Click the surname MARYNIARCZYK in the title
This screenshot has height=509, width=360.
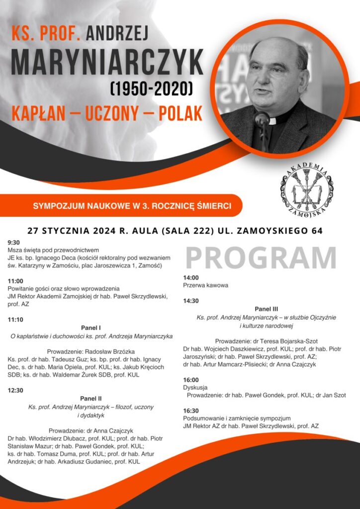(106, 64)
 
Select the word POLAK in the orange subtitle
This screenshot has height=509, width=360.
(180, 113)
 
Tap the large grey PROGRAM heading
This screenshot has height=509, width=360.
(261, 257)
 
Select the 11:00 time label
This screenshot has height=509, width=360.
(15, 280)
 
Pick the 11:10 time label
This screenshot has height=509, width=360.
(15, 319)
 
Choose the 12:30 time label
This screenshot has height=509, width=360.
(15, 390)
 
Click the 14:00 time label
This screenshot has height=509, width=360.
(191, 277)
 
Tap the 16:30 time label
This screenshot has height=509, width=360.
(191, 411)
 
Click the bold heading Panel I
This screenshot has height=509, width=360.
(90, 328)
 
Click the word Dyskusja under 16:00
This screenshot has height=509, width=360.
(195, 387)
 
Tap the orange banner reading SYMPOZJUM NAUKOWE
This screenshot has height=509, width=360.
(131, 205)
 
